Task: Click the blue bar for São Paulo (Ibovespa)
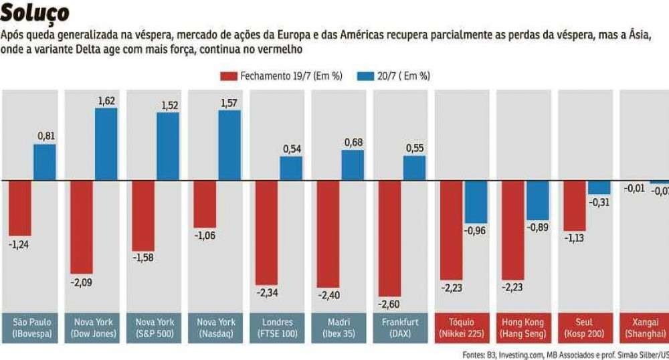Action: pos(45,162)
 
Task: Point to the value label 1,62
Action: pos(106,100)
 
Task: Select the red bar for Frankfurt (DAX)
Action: pos(390,238)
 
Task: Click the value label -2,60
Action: pos(389,304)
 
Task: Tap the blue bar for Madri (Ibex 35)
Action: pos(353,165)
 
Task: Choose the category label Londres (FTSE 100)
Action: pos(276,327)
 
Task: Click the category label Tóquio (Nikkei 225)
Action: pos(462,327)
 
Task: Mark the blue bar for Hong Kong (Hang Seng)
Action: pos(537,200)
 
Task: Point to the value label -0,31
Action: pos(599,203)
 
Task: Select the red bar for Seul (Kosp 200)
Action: pos(574,205)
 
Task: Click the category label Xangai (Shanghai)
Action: pos(644,327)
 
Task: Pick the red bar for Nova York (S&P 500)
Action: pos(143,215)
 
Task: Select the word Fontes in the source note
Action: pos(474,353)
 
